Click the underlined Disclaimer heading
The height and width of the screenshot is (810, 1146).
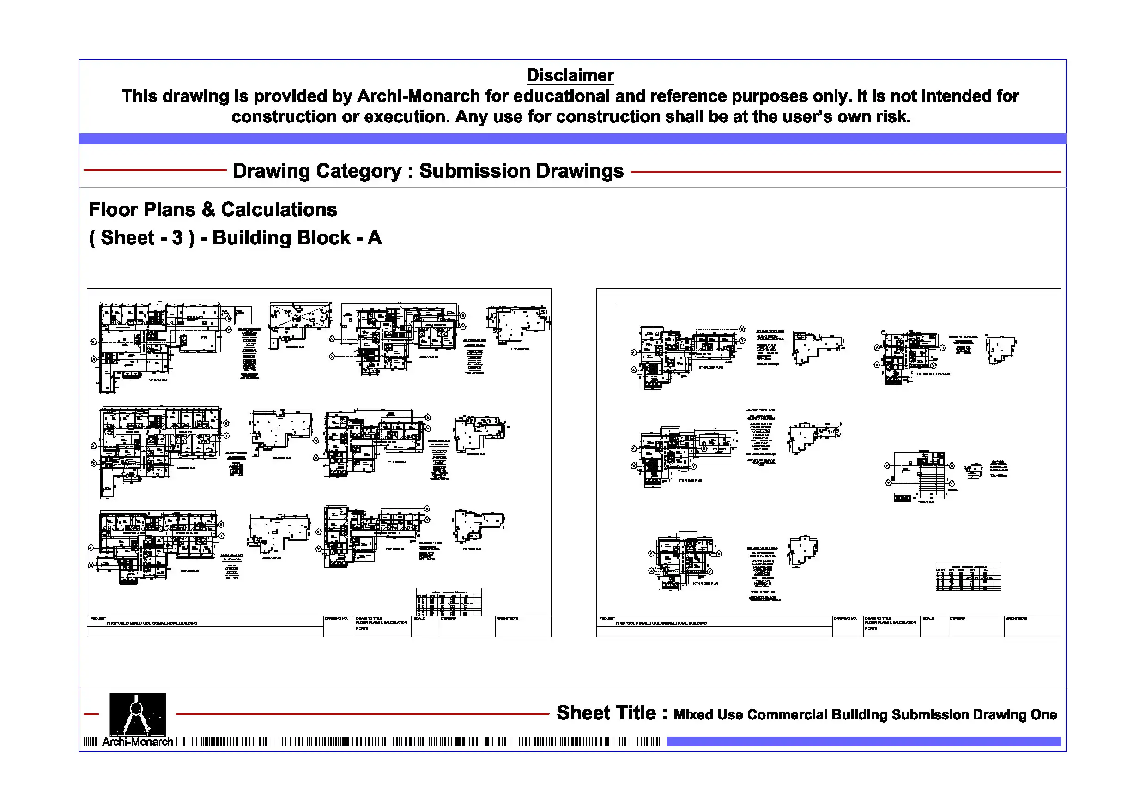[570, 75]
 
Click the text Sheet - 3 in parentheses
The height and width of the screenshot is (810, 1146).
[142, 237]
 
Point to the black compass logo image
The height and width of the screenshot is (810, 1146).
[137, 713]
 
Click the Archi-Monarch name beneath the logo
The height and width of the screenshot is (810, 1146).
[137, 742]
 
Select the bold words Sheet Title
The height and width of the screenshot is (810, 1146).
[606, 713]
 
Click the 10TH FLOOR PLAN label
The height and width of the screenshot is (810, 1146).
[705, 583]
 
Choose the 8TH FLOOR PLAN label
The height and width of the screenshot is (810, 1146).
[711, 367]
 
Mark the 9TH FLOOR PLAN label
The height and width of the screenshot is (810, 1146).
[690, 481]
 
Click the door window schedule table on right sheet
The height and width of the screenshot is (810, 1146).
[968, 577]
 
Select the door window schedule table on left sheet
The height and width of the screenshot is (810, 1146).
[449, 602]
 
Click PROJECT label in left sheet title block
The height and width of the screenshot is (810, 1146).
[98, 618]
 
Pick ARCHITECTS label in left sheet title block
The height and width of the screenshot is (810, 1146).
[507, 618]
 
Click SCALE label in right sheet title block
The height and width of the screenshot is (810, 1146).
[928, 618]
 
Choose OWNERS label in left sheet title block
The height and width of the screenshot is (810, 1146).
[448, 618]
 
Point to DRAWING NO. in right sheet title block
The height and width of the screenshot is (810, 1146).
[844, 618]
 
